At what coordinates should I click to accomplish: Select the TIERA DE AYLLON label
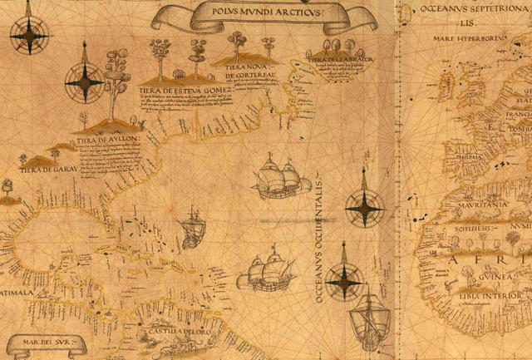pos(107,140)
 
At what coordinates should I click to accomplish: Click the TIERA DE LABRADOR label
pos(338,59)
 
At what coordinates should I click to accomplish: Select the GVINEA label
pos(474,281)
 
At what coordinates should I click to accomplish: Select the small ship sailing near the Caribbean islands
pos(192,229)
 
